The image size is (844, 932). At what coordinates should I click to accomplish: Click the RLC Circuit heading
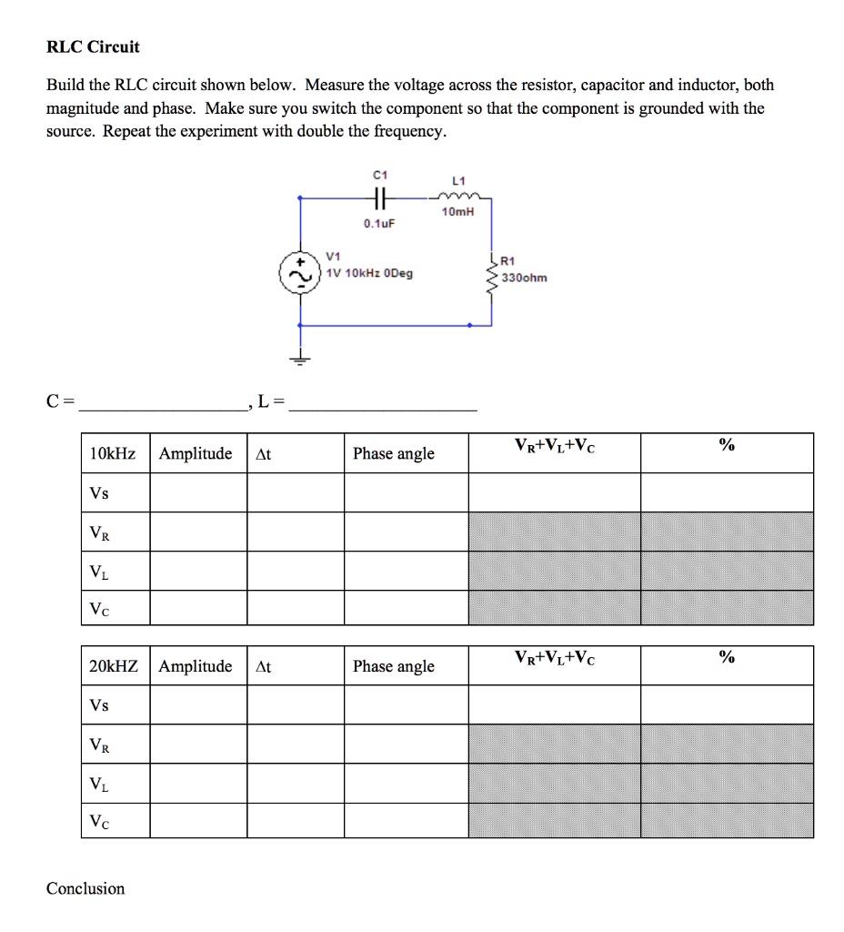coord(94,46)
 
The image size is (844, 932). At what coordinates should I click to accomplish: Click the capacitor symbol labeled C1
coord(380,196)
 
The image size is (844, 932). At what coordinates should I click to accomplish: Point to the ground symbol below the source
coord(300,360)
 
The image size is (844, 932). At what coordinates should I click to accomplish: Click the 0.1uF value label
coord(379,223)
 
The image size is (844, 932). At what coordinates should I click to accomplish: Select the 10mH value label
coord(457,212)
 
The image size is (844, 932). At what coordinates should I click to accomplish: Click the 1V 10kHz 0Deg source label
coord(368,273)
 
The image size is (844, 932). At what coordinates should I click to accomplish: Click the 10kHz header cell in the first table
coord(113,453)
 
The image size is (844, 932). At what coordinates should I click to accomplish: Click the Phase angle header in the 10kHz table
coord(394,453)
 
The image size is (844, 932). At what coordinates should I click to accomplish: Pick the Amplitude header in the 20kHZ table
coord(196,666)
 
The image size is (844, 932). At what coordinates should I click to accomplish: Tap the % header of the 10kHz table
coord(726,445)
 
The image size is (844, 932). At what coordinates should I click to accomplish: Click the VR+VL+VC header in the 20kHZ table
coord(555,657)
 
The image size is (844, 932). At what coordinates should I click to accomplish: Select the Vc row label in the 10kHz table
coord(99,609)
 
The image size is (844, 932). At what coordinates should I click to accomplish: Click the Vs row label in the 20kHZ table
coord(99,705)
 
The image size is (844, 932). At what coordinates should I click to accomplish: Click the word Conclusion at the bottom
coord(85,888)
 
